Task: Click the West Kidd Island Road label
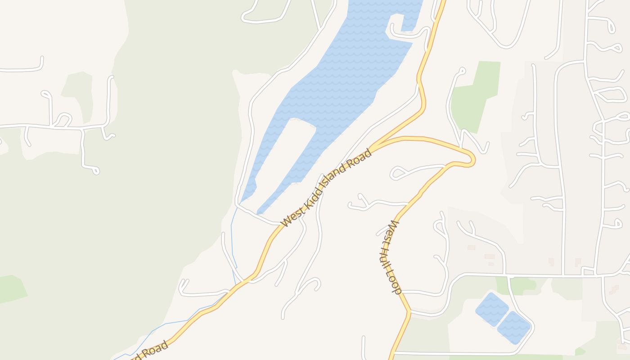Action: pos(327,188)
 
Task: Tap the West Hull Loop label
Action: pos(390,257)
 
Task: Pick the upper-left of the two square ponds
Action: pos(492,309)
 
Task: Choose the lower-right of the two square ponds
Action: pos(514,328)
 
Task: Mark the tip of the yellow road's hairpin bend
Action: pos(473,160)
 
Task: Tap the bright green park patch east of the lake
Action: pos(475,97)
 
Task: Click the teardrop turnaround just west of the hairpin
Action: pos(396,173)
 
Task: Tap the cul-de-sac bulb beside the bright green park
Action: pos(462,70)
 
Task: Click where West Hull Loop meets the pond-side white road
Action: pos(410,310)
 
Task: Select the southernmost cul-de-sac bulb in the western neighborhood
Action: pos(95,171)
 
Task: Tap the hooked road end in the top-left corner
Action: pos(41,61)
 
